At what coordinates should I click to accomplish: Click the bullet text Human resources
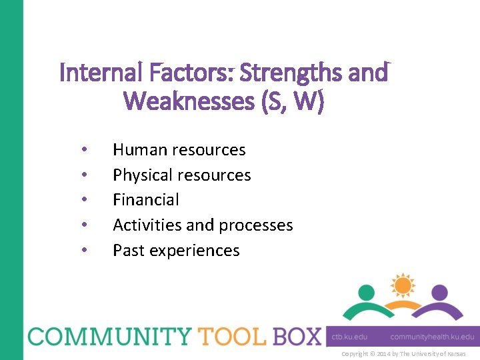pos(179,150)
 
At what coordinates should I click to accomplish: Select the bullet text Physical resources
pos(181,175)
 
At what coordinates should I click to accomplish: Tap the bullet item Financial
pos(146,200)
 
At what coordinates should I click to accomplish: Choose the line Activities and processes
pos(203,225)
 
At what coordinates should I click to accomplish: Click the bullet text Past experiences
pos(176,251)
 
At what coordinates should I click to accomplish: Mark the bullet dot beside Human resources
pos(83,150)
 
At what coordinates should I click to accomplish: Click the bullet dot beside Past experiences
pos(83,251)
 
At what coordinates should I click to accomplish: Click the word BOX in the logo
pos(292,336)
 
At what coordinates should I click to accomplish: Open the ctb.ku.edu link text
pos(349,337)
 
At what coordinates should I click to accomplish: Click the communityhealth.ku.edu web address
pos(432,337)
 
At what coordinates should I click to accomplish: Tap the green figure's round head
pos(366,293)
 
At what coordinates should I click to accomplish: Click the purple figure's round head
pos(439,293)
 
